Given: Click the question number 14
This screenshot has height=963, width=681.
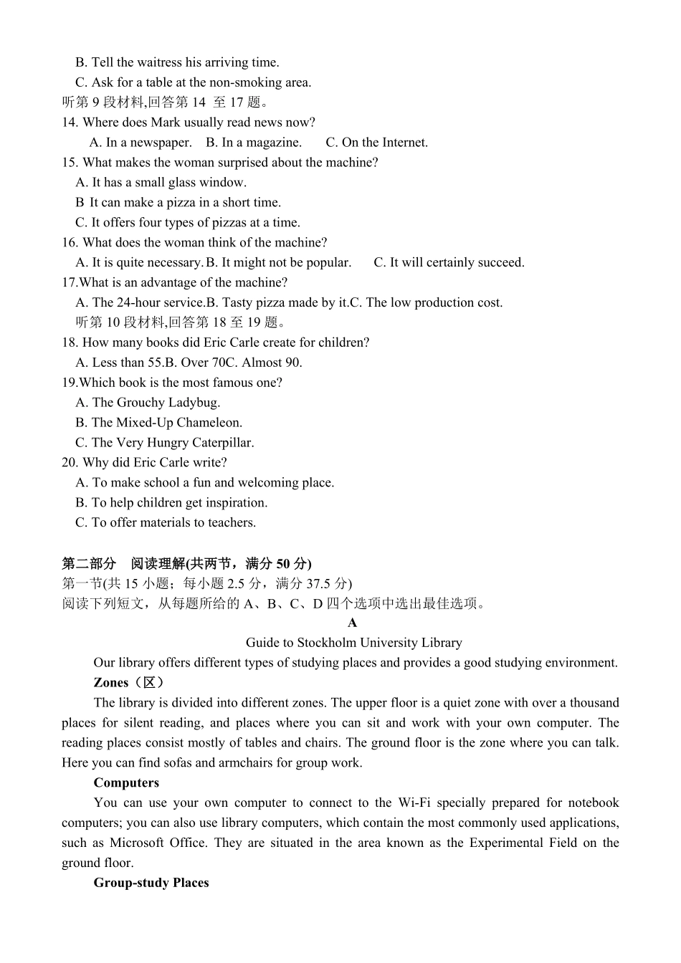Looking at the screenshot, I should coord(70,123).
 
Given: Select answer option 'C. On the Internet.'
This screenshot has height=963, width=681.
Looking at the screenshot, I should coord(376,143).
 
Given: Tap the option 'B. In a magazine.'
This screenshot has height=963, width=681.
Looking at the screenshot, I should coord(254,143).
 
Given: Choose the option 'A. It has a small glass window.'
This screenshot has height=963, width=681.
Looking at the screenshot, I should coord(161,183).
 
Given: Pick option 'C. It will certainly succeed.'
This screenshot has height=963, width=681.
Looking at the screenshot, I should coord(449,263).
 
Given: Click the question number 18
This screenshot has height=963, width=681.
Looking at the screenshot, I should coord(70,342).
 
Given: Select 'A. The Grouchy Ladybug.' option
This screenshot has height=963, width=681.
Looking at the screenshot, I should coord(148,403).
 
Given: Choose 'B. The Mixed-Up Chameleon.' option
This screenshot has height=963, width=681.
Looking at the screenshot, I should coord(159,423).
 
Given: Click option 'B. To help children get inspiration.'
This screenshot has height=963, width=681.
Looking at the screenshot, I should coord(171,503).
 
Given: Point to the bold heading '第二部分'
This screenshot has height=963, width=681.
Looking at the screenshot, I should coord(89,563).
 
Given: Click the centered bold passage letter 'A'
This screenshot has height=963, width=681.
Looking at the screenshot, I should coord(352,623).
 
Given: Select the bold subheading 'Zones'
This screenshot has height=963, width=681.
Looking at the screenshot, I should coord(111,683).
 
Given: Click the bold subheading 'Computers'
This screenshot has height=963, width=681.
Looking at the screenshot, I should coord(126,783).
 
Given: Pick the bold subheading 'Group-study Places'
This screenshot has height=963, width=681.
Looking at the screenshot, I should coord(151,883).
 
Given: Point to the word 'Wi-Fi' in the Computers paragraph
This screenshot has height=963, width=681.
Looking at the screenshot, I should coord(414,803).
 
